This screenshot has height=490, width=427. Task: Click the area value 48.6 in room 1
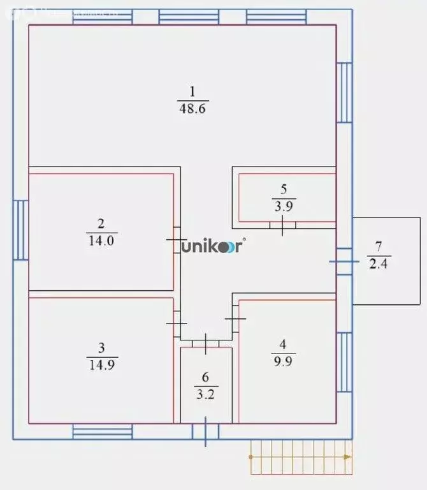194,108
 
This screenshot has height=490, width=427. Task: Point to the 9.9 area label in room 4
283,358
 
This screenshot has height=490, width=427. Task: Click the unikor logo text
212,247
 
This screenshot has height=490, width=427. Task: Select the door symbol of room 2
177,239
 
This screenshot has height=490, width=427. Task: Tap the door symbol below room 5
283,225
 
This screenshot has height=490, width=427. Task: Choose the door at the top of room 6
206,343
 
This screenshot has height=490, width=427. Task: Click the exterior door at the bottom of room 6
205,432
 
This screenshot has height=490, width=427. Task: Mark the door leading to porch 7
344,261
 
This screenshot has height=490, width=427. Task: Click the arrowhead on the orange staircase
347,457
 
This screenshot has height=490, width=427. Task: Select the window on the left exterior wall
21,230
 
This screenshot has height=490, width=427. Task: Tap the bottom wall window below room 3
102,432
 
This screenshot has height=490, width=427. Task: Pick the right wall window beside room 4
344,365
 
